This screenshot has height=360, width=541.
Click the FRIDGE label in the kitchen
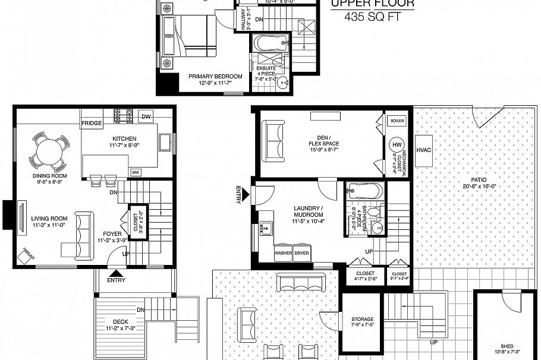coord(92,123)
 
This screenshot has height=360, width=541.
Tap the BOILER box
coord(397,121)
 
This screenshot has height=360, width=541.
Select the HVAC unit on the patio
coord(424,150)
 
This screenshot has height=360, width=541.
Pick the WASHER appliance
coord(283,252)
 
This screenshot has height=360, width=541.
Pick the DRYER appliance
coord(302,252)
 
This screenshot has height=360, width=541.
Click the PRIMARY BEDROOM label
coord(215,76)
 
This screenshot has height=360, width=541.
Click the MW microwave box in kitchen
coord(136,172)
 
